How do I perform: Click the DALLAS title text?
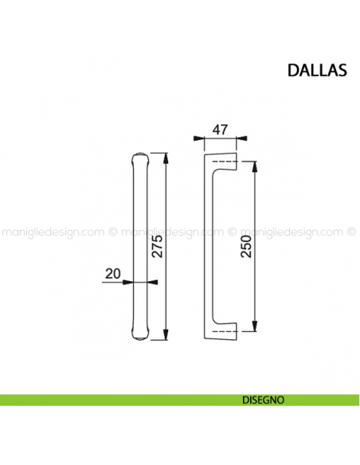(x=316, y=70)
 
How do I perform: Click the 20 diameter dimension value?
(x=112, y=273)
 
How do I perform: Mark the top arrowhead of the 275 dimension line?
(x=166, y=156)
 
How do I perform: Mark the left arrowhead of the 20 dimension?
(x=129, y=282)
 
